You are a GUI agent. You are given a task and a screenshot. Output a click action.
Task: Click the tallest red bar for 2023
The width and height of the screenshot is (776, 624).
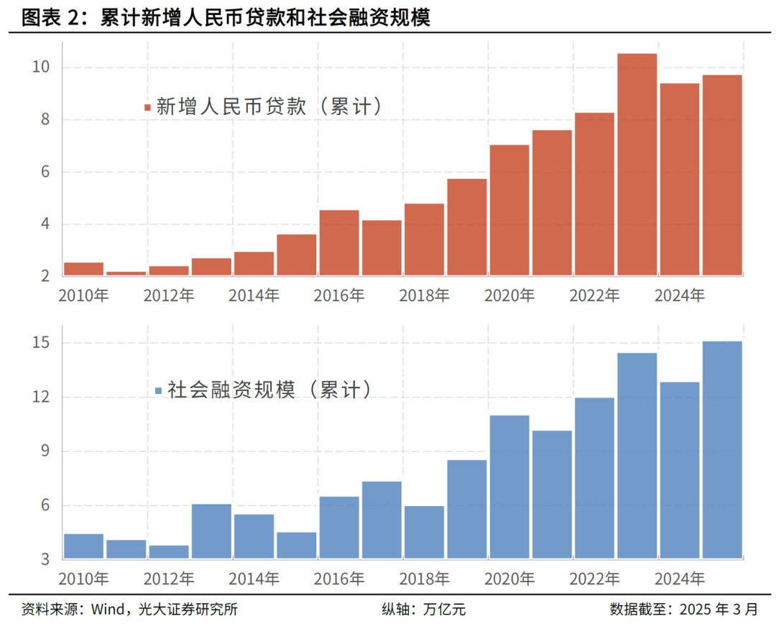637,165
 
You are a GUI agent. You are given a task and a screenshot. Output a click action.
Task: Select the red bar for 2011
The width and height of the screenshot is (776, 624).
126,273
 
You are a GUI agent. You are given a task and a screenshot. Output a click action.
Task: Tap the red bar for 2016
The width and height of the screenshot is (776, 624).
339,243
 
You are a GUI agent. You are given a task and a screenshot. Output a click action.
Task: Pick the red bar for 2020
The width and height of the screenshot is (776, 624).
509,210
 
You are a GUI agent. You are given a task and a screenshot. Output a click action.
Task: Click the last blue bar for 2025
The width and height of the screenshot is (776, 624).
722,450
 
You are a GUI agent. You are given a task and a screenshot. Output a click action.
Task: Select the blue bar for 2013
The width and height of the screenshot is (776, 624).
211,531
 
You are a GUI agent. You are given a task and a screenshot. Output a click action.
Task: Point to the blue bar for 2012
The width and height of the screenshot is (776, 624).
169,552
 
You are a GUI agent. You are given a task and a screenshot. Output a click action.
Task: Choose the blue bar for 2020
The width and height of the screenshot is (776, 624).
509,487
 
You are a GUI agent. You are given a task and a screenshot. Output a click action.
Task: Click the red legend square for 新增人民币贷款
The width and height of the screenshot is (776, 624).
147,108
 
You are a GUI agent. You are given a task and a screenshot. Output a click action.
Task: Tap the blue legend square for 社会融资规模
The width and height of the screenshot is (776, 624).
159,391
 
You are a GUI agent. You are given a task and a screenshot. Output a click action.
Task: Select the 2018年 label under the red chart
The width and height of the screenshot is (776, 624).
424,295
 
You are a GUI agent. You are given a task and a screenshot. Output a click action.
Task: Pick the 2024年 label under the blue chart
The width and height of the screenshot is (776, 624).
680,578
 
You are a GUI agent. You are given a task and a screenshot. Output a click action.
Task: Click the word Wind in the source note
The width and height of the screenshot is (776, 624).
106,609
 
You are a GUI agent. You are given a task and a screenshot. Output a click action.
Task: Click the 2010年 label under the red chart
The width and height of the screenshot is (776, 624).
83,295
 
